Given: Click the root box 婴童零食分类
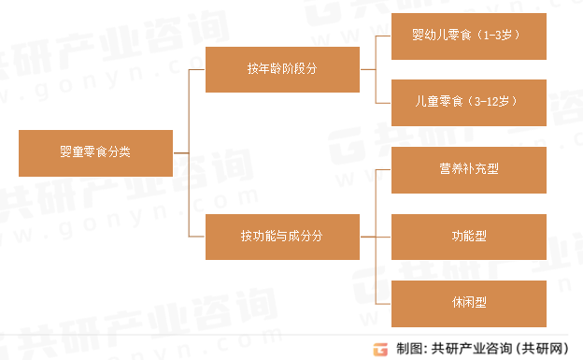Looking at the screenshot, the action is (95, 152).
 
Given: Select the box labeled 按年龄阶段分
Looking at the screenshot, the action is (282, 68).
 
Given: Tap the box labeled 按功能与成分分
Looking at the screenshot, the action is (282, 236).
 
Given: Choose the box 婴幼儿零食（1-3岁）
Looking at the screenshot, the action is (468, 36).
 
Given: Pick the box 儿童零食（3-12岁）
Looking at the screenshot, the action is (468, 100).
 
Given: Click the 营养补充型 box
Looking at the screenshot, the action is (468, 169).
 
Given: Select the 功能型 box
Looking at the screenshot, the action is (468, 237).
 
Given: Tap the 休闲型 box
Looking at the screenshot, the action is (468, 303).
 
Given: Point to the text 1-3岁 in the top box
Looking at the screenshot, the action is (498, 36).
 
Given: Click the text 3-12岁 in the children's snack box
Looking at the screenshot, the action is (495, 100).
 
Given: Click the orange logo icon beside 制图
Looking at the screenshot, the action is (380, 349).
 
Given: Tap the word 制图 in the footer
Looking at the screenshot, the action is (408, 349).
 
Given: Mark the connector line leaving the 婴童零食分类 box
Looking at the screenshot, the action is (180, 152).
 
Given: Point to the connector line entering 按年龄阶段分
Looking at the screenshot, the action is (197, 68).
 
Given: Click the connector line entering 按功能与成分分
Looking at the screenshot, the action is (197, 236).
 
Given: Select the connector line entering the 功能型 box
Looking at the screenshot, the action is (382, 237).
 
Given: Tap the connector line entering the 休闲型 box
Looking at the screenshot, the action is (382, 303).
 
